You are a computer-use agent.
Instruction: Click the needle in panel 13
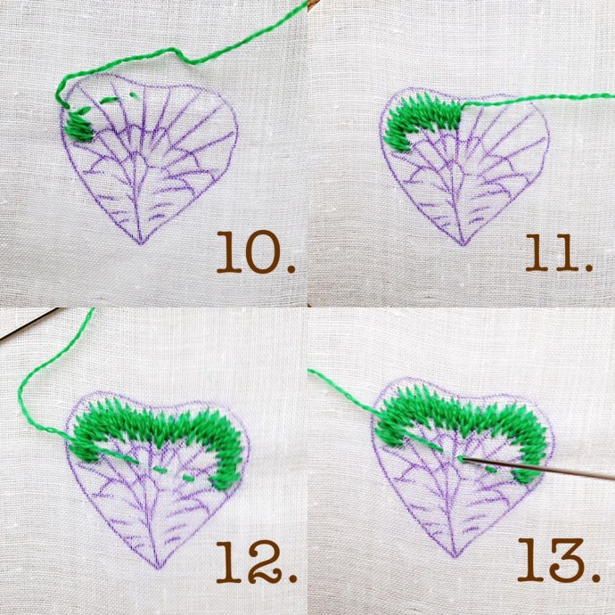[537, 468]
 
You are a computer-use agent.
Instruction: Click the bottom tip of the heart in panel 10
[141, 243]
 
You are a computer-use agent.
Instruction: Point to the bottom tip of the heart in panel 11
[463, 245]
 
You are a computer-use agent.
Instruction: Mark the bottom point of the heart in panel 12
[159, 569]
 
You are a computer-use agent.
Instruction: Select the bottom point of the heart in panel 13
[455, 557]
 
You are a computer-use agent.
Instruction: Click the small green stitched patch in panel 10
[79, 127]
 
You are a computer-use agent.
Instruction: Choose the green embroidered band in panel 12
[157, 423]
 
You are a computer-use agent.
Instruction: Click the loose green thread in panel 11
[537, 99]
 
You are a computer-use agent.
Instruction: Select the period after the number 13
[595, 577]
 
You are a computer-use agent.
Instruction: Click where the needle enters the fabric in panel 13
[462, 458]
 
